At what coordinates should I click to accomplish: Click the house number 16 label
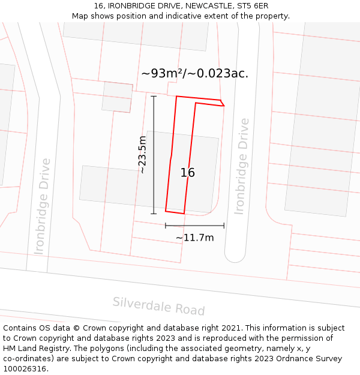click(x=188, y=173)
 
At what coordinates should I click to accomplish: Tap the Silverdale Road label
click(x=158, y=306)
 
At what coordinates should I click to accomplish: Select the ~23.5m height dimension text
click(x=142, y=155)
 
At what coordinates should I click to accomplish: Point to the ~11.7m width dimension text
click(x=194, y=238)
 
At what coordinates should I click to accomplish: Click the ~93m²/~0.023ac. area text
click(x=194, y=74)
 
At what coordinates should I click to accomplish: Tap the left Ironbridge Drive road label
click(x=42, y=206)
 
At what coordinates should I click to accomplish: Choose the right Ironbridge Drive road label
click(x=241, y=166)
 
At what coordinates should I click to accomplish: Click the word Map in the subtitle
click(x=81, y=16)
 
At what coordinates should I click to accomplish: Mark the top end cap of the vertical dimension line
click(x=154, y=96)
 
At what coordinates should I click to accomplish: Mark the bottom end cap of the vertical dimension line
click(x=154, y=214)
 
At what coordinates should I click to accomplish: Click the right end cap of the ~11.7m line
click(x=224, y=226)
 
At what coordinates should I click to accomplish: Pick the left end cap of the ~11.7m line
click(x=166, y=226)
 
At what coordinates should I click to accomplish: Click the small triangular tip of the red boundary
click(x=222, y=103)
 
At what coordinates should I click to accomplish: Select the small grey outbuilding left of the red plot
click(x=117, y=97)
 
